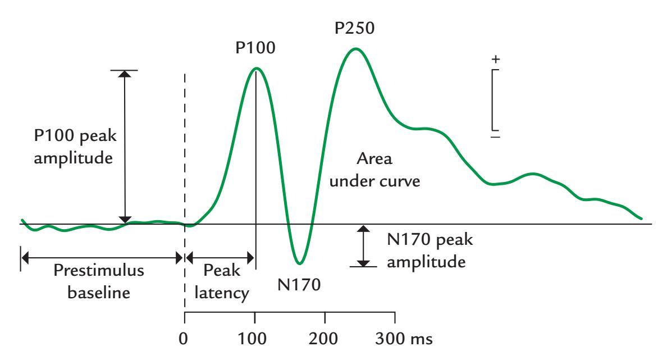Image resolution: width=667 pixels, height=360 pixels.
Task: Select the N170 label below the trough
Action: (299, 284)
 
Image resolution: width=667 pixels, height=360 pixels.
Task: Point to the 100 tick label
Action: (255, 340)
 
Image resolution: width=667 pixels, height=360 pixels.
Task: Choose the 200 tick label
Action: (325, 340)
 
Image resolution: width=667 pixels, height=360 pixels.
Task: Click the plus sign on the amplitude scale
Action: (495, 59)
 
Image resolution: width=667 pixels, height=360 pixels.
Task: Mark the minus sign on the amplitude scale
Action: (495, 136)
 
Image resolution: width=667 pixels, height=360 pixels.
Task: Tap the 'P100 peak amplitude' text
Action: (72, 148)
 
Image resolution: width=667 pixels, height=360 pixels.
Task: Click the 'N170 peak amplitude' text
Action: (430, 251)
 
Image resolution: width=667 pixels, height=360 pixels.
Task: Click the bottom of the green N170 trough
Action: (300, 263)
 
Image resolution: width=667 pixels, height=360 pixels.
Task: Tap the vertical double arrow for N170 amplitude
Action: (364, 245)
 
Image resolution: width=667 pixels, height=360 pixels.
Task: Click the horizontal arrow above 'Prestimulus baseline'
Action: (101, 258)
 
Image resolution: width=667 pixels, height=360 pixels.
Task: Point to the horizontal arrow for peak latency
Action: (220, 258)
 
